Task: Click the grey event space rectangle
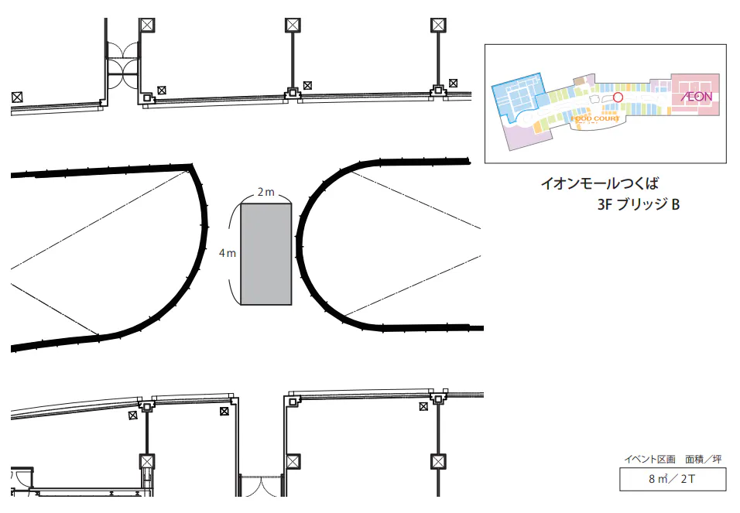coord(266,253)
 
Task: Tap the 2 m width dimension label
coord(266,192)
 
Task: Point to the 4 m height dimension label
coord(227,253)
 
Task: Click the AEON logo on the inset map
coord(697,97)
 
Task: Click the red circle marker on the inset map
coord(618,97)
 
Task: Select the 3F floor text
coord(605,206)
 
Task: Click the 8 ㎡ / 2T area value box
coord(673,480)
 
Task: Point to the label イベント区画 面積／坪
coord(673,460)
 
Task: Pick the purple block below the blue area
coord(523,136)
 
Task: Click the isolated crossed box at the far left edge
coord(17,97)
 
